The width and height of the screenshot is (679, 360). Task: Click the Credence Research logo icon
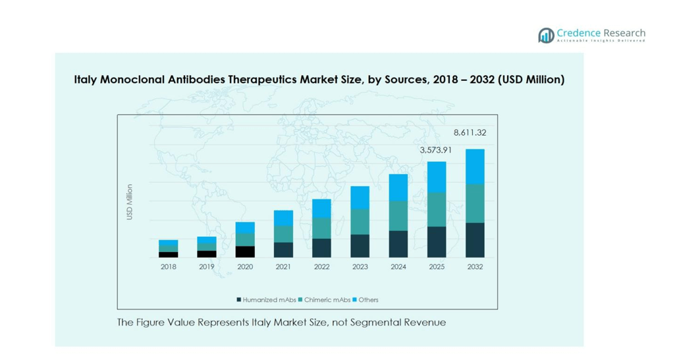coord(545,36)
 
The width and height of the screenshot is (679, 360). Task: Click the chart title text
coord(319,80)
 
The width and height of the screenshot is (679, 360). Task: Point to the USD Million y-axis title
coord(130,201)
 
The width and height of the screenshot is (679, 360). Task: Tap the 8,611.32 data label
coord(470,133)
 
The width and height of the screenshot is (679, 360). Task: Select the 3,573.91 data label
coord(436,151)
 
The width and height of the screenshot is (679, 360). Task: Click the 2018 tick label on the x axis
coord(168,267)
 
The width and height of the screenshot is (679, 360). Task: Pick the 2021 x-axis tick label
coord(283,267)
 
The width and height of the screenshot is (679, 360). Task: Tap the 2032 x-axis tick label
coord(475,267)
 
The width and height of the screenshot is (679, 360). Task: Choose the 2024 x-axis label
coord(398,267)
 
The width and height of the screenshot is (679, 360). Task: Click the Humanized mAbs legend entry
coord(267,300)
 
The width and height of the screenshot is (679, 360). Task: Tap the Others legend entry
coord(366,300)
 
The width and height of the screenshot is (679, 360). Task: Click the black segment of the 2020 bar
coord(245,251)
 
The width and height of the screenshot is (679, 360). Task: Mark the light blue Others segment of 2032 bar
coord(475,167)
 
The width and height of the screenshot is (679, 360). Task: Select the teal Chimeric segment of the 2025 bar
coord(437,209)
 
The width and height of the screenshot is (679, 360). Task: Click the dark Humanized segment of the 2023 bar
coord(360,245)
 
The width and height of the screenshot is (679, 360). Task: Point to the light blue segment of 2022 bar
coord(321,208)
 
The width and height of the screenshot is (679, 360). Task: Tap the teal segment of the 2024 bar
coord(398,215)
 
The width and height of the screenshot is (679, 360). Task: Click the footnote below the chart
coord(281,322)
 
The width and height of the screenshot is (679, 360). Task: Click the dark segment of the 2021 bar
coord(283,249)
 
